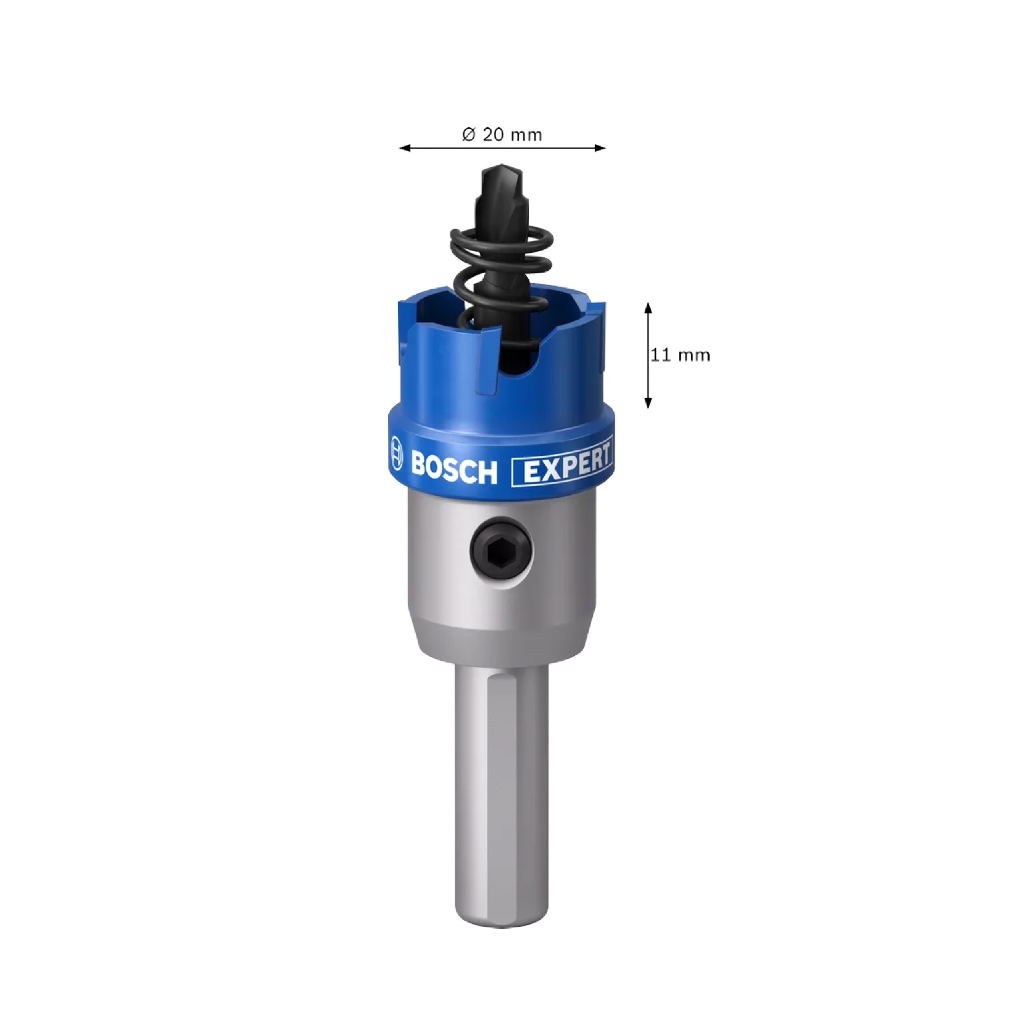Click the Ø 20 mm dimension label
[502, 135]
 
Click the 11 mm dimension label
[681, 355]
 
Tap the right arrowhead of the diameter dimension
[599, 148]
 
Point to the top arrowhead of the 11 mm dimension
[648, 308]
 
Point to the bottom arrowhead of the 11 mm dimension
[648, 402]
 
